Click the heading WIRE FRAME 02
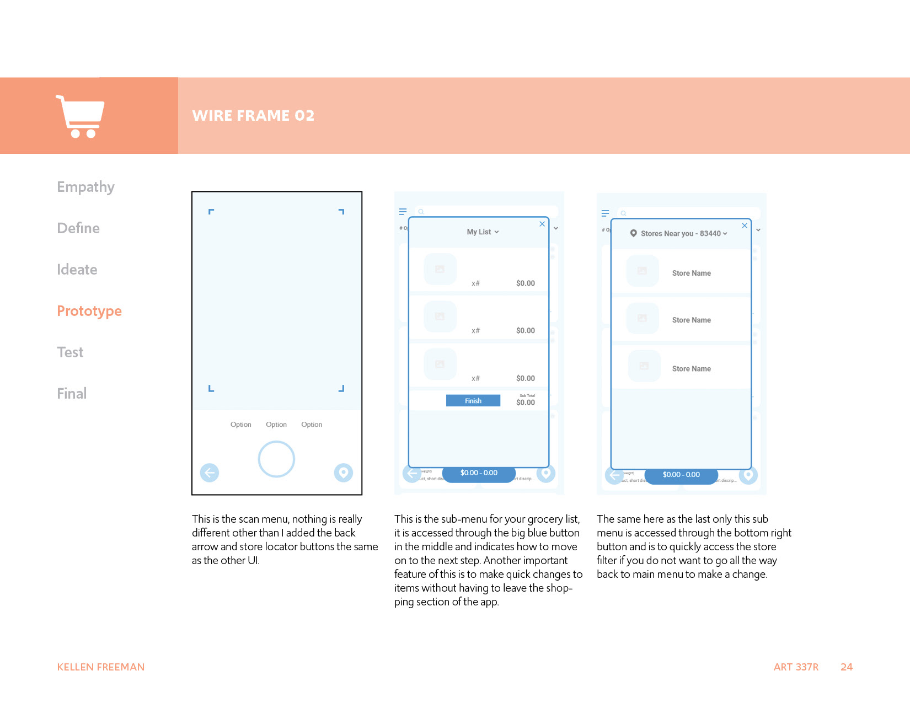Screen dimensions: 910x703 (253, 115)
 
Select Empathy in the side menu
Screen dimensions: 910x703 (85, 187)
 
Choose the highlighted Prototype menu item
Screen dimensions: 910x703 (89, 311)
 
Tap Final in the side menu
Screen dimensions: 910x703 (72, 394)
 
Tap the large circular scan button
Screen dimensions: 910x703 (276, 459)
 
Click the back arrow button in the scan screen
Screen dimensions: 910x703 (210, 473)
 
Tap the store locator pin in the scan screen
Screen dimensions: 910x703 (343, 473)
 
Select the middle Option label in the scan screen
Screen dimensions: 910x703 (276, 425)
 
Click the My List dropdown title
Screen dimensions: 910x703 (483, 232)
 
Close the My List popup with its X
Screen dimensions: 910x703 (542, 224)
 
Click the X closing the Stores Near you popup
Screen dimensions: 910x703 (745, 226)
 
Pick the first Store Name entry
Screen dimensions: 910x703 (691, 273)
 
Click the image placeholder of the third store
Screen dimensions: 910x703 (644, 366)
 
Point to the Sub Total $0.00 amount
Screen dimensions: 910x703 (526, 403)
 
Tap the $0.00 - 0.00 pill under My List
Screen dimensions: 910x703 (479, 473)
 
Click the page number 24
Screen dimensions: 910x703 (847, 667)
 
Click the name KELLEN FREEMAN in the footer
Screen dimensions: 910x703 (101, 667)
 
